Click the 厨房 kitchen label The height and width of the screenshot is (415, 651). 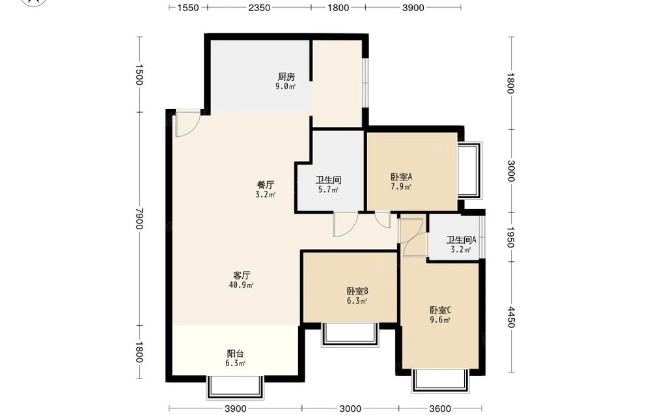point(286,77)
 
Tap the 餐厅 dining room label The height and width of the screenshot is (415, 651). point(266,184)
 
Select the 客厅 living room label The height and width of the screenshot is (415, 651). point(242,275)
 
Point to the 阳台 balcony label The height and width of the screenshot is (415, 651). point(236,354)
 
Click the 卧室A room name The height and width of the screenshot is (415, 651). point(401,177)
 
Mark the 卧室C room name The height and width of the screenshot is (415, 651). point(440,310)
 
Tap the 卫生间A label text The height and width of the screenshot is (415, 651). point(461,240)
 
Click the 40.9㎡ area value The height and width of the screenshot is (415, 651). point(242,285)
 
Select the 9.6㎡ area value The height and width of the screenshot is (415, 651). point(440,320)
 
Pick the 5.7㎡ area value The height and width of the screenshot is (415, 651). point(328,190)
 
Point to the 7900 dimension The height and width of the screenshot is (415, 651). point(139,218)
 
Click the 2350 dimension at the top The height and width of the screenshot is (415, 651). point(260,7)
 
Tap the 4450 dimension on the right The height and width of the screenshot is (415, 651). point(511,317)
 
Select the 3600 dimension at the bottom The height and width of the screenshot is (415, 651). point(440,408)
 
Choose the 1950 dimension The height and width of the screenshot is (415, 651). point(511,237)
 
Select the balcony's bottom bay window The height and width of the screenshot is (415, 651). point(235,388)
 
